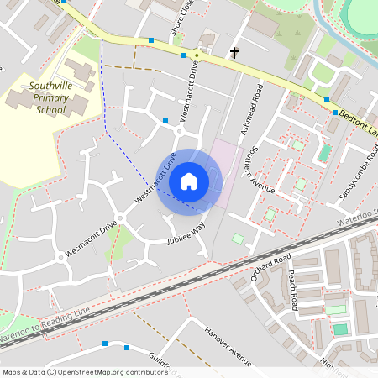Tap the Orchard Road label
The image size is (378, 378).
click(x=270, y=267)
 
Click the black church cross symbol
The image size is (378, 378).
click(x=234, y=54)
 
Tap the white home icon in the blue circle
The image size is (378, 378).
click(x=188, y=181)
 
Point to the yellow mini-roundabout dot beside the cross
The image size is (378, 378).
click(x=197, y=55)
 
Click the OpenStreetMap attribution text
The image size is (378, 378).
click(x=74, y=372)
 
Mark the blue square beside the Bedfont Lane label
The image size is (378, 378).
click(x=334, y=112)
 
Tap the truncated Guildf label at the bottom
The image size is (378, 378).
click(x=162, y=361)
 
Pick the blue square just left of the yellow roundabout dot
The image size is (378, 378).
click(x=183, y=55)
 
